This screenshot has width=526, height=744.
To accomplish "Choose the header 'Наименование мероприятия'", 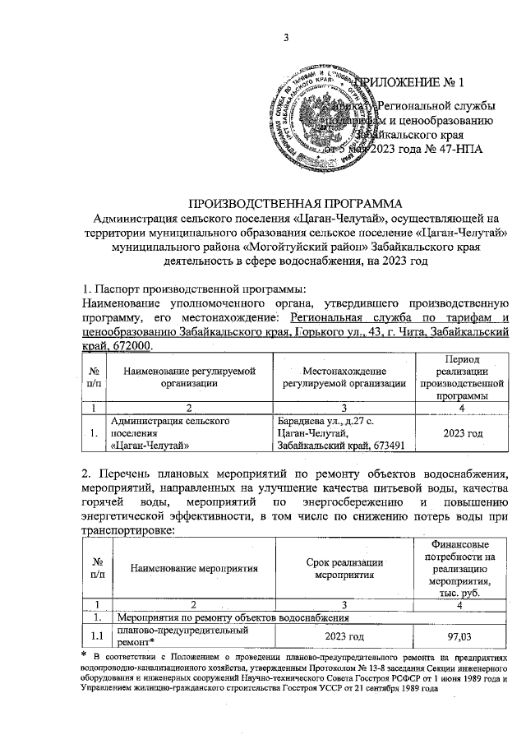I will [x=190, y=567].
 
